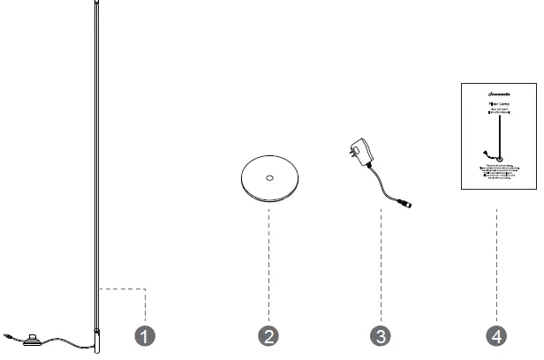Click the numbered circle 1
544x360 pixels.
click(147, 335)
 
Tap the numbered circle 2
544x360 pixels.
click(269, 335)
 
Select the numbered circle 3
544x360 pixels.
click(381, 335)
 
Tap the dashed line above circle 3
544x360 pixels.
click(381, 265)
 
